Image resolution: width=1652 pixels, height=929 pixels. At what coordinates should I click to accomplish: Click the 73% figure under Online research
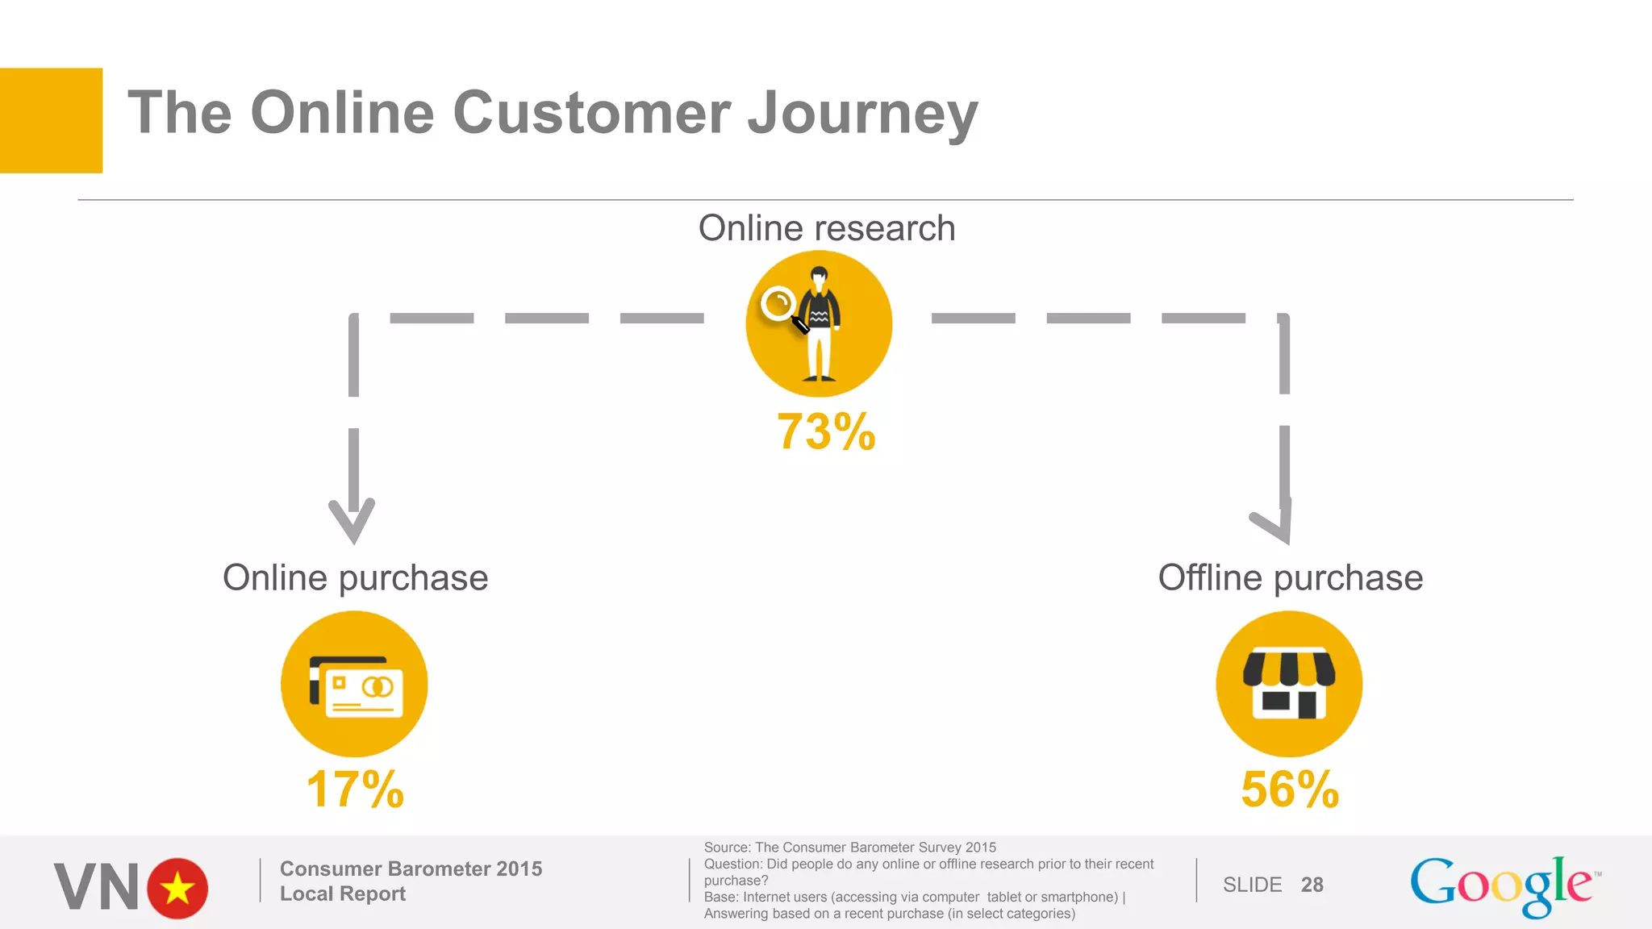[826, 431]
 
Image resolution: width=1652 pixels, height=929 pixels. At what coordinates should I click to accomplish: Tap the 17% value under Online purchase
[355, 789]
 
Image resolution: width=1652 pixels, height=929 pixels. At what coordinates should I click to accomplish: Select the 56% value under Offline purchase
[1290, 789]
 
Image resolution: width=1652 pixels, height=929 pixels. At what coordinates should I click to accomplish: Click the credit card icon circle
[354, 684]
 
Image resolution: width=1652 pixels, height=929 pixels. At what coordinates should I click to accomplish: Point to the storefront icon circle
[1289, 684]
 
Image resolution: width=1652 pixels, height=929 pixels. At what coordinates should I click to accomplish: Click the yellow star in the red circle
[177, 889]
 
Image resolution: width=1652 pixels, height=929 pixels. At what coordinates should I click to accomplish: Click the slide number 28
[1312, 885]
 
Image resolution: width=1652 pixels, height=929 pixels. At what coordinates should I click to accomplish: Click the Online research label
[826, 228]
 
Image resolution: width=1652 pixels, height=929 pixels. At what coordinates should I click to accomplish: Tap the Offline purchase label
[1290, 577]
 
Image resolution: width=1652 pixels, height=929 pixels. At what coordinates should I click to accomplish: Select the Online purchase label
[355, 577]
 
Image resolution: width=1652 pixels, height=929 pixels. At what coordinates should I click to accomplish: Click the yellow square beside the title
[51, 120]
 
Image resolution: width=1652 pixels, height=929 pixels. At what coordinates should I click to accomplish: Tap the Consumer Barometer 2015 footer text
[411, 869]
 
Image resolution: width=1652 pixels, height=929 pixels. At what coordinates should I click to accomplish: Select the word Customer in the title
[591, 113]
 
